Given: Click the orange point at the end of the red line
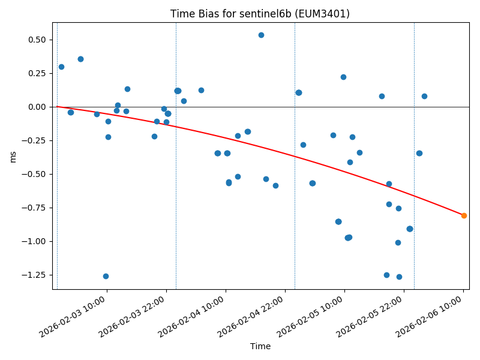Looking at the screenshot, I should point(464,215).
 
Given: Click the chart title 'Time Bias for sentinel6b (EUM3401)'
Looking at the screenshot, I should point(260,14).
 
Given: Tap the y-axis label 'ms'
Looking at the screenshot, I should point(13,156).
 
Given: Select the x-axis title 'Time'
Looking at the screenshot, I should point(260,346).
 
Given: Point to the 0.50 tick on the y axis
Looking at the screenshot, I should point(37,40).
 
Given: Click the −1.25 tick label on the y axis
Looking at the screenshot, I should point(35,275).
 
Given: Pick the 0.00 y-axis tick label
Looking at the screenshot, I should point(37,107).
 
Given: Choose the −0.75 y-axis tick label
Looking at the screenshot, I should point(35,208).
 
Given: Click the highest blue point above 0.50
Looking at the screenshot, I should point(261,35).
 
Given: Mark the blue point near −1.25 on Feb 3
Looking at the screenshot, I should point(106,276).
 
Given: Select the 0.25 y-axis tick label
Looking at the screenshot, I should point(37,73).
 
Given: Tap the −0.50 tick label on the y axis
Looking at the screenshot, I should point(35,174).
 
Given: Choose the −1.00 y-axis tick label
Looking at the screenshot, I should point(35,241).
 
